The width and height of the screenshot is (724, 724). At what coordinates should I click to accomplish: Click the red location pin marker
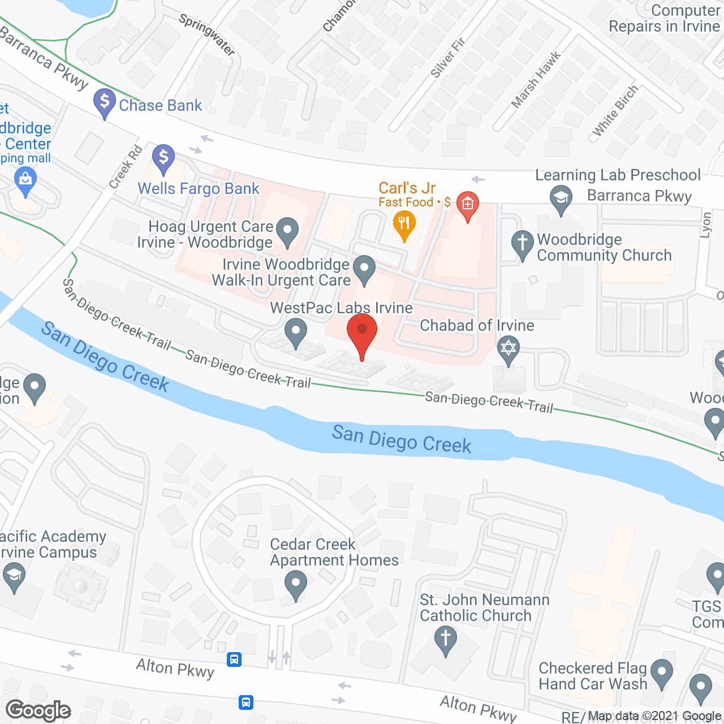(361, 331)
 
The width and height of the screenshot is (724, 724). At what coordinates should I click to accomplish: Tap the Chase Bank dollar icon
(105, 102)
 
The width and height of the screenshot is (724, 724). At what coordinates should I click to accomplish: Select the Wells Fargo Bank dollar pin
(163, 158)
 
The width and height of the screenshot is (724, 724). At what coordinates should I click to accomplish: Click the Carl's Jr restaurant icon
(404, 224)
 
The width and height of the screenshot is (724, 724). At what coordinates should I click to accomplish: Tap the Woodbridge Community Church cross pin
(523, 244)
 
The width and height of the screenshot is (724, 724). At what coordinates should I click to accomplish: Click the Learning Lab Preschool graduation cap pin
(561, 199)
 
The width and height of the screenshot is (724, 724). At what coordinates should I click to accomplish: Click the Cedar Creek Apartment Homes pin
(295, 584)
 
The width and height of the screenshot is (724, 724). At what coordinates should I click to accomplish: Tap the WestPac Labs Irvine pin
(295, 331)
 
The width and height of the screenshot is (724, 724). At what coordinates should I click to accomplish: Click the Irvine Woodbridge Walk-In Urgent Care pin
(364, 269)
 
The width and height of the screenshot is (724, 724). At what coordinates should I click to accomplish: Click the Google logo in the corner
(38, 710)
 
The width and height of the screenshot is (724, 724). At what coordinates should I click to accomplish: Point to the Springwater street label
(206, 35)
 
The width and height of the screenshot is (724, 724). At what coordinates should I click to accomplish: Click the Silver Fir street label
(447, 57)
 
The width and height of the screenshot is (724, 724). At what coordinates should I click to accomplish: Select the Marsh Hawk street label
(536, 79)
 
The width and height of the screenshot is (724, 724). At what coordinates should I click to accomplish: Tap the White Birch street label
(615, 111)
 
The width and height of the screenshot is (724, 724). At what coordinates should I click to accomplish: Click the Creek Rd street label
(126, 167)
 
